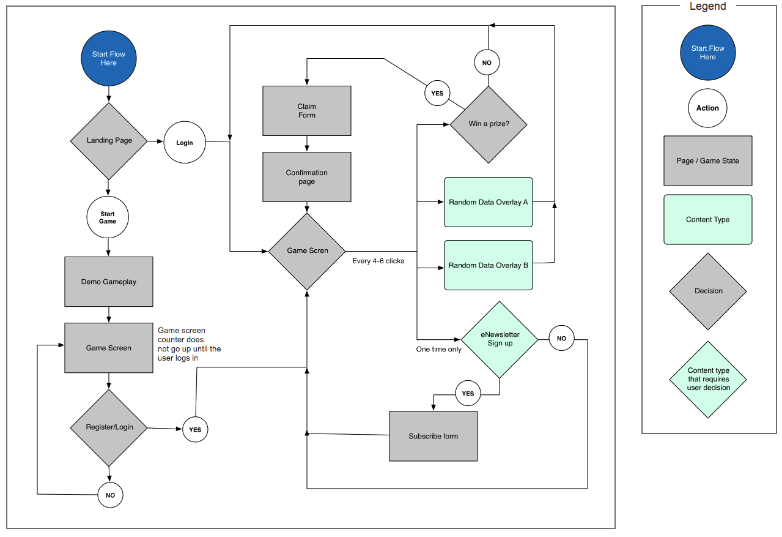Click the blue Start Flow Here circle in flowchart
pyautogui.click(x=108, y=58)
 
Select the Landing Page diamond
pyautogui.click(x=109, y=141)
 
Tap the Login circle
pyautogui.click(x=184, y=143)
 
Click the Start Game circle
pyautogui.click(x=108, y=217)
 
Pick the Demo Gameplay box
pyautogui.click(x=109, y=282)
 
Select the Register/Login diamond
pyautogui.click(x=109, y=427)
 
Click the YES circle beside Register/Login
pyautogui.click(x=195, y=430)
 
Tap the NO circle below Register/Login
pyautogui.click(x=111, y=495)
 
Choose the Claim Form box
pyautogui.click(x=307, y=111)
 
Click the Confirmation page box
pyautogui.click(x=307, y=177)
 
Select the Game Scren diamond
pyautogui.click(x=307, y=251)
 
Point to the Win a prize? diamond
pyautogui.click(x=489, y=124)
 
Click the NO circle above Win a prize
pyautogui.click(x=487, y=62)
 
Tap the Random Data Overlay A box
pyautogui.click(x=488, y=202)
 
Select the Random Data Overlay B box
pyautogui.click(x=488, y=266)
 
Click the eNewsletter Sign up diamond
pyautogui.click(x=500, y=339)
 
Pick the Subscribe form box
pyautogui.click(x=433, y=437)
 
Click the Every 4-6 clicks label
pyautogui.click(x=378, y=261)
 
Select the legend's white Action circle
pyautogui.click(x=707, y=108)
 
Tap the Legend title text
pyautogui.click(x=707, y=7)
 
